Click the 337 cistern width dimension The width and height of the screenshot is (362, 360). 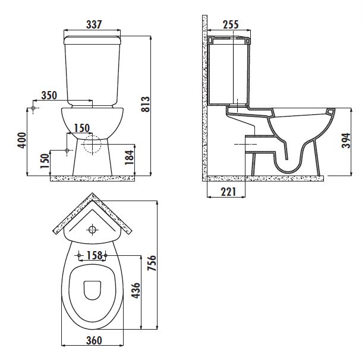(x=94, y=24)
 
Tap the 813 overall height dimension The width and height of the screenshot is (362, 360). (x=146, y=104)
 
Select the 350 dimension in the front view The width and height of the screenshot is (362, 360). (x=49, y=95)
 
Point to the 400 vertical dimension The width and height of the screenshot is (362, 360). (x=22, y=140)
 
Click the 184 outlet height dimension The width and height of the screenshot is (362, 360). (x=130, y=157)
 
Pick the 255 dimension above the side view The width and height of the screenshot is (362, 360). (x=231, y=24)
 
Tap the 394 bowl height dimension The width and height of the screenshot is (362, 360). (x=346, y=140)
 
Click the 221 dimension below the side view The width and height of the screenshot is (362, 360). (x=228, y=192)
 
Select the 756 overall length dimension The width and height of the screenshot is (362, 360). (x=152, y=263)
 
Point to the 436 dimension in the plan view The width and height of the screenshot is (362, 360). (x=136, y=290)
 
